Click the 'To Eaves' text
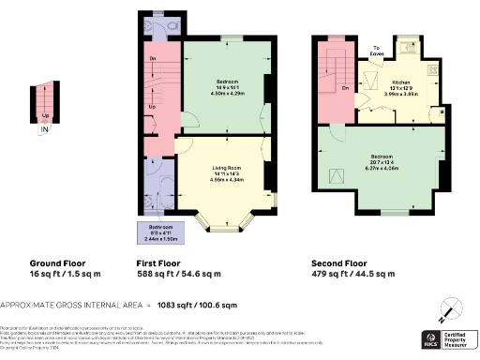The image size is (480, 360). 378,51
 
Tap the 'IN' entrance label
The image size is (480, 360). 44,128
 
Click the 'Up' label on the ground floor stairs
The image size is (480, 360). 45,115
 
